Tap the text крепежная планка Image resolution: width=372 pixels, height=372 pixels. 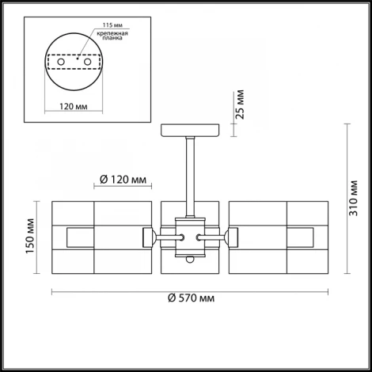click(x=110, y=40)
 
